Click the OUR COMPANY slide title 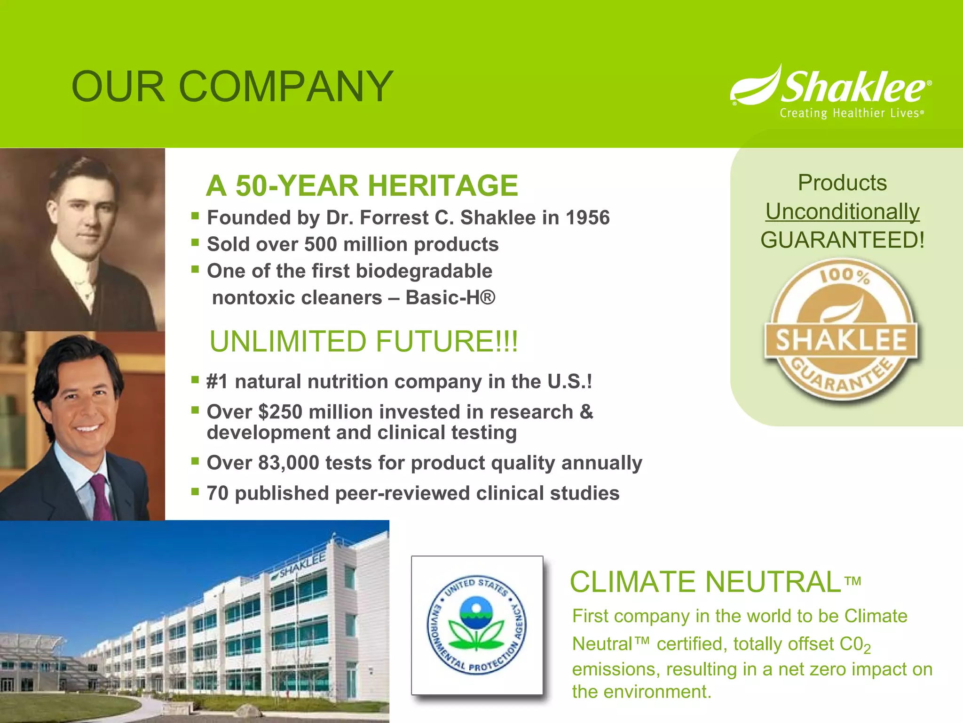click(232, 87)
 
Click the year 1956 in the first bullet click(588, 218)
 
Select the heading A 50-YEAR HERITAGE click(362, 185)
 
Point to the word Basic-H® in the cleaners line click(450, 297)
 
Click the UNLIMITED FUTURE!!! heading click(363, 341)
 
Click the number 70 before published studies click(217, 493)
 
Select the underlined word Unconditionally click(842, 211)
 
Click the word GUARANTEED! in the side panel click(842, 240)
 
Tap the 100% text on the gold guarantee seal click(845, 275)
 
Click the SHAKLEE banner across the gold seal click(841, 340)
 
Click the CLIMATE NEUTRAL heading click(705, 582)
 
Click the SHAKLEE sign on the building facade click(302, 565)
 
